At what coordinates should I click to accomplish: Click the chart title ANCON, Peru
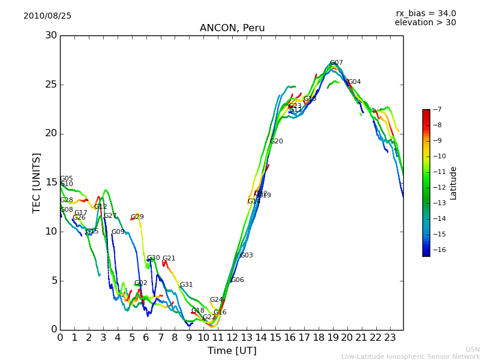(x=232, y=28)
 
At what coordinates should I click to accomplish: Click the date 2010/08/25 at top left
(x=47, y=16)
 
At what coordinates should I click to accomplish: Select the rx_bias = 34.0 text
(x=426, y=13)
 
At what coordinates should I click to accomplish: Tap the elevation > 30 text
(x=425, y=23)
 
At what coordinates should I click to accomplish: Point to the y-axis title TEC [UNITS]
(x=37, y=182)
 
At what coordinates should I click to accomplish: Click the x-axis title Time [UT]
(x=232, y=351)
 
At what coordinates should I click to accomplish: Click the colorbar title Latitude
(x=454, y=183)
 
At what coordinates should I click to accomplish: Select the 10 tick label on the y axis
(x=50, y=232)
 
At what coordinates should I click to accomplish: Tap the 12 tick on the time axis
(x=232, y=337)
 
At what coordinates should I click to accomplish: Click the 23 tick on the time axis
(x=390, y=337)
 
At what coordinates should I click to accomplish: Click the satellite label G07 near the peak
(x=336, y=63)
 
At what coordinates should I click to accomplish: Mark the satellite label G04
(x=355, y=82)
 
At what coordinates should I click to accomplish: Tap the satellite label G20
(x=276, y=142)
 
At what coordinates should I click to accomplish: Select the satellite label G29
(x=137, y=217)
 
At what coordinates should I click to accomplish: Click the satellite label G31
(x=187, y=285)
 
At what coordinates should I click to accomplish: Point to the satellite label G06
(x=238, y=280)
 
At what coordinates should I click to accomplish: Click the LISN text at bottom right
(x=473, y=349)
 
